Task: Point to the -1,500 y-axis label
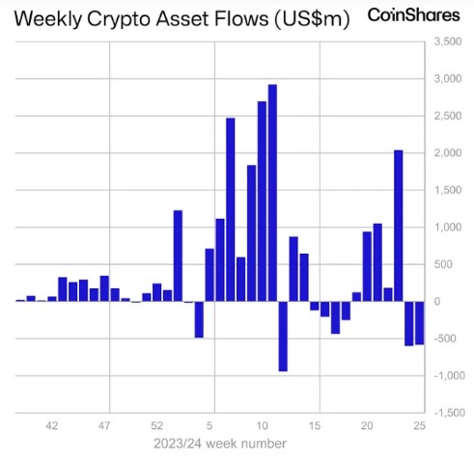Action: [448, 412]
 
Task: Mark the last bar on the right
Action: [419, 322]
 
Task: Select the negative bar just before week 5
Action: [199, 319]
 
